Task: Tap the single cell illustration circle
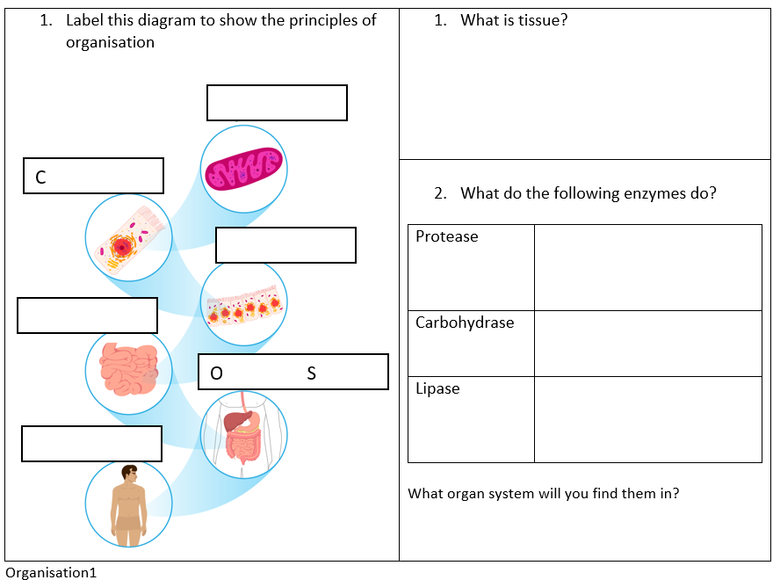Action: click(x=128, y=236)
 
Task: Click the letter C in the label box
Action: click(x=40, y=178)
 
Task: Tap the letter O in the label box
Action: click(x=216, y=373)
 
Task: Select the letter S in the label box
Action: click(x=311, y=373)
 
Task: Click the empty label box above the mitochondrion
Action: click(x=277, y=103)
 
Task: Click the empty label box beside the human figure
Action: click(x=91, y=444)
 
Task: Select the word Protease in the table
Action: click(x=447, y=236)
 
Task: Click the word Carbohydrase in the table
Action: click(x=465, y=323)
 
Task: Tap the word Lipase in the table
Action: click(x=437, y=388)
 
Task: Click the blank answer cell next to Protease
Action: click(x=647, y=267)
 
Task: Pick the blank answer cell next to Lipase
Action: click(x=647, y=419)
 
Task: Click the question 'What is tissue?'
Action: click(x=514, y=20)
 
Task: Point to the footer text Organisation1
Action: click(x=50, y=573)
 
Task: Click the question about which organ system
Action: click(x=543, y=494)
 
